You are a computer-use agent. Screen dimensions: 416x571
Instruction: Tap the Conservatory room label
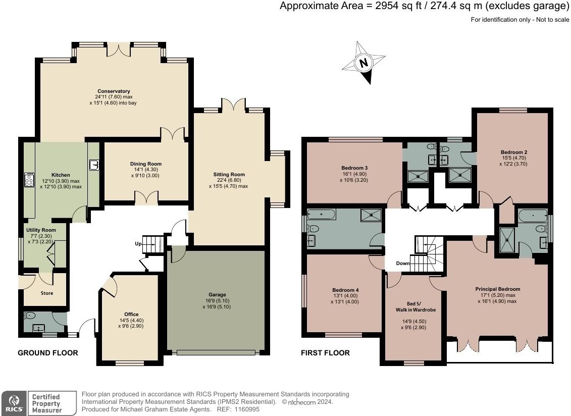114,91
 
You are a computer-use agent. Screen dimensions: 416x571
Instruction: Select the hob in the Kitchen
29,180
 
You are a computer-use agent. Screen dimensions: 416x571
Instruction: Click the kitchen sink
93,164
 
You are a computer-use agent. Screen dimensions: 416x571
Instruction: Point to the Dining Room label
146,164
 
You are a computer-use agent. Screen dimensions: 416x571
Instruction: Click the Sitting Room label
229,174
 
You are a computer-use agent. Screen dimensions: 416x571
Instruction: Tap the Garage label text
217,294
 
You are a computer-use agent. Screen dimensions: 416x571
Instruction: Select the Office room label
131,314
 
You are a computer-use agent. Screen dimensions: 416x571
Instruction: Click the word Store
46,293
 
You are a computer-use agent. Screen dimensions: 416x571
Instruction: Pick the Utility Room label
41,230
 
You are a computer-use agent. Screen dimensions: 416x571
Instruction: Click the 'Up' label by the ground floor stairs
138,244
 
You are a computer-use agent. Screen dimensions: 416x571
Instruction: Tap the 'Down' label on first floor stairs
402,264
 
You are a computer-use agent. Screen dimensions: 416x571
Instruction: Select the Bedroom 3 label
354,168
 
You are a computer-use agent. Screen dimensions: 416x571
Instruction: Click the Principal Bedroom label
497,289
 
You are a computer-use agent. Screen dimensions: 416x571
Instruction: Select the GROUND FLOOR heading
48,353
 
